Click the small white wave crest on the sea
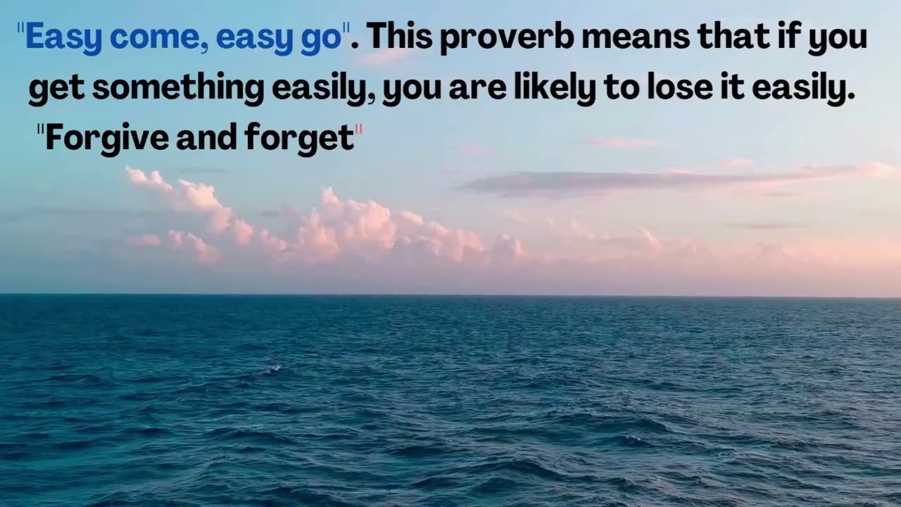(275, 368)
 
